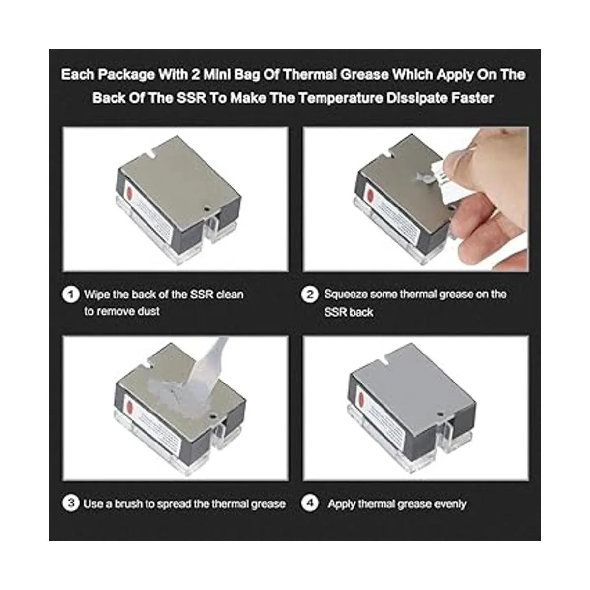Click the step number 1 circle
point(71,295)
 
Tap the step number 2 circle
point(310,295)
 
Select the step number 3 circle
point(71,503)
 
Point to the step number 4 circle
point(310,503)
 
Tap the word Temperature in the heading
point(340,98)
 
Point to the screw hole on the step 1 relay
point(207,209)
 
